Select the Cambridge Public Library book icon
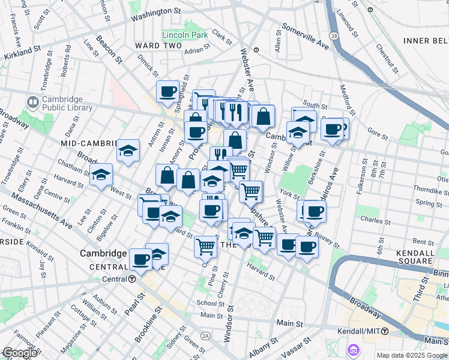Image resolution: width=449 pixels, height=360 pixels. (32, 103)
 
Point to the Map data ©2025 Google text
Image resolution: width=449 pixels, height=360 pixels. (412, 355)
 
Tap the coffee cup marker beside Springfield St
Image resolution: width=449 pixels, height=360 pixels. (167, 92)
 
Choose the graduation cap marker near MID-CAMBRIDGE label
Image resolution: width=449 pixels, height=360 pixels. (128, 150)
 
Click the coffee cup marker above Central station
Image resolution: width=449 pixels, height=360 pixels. (141, 259)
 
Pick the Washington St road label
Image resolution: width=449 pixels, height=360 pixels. (155, 13)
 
